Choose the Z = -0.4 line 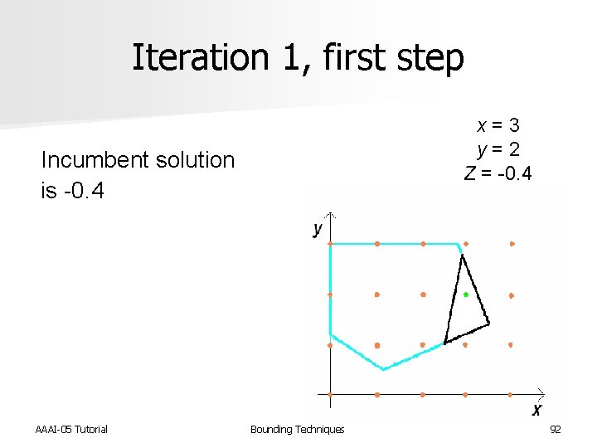pos(498,174)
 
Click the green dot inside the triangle pos(466,295)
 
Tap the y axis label pos(318,228)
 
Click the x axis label pos(536,410)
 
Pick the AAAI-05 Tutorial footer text pos(71,429)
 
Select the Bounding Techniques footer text pos(297,429)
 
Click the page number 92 pos(556,429)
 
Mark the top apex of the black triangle pos(462,256)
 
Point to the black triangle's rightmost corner pos(488,324)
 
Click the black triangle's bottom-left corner pos(445,342)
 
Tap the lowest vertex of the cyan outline pos(383,368)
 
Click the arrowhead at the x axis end pos(541,392)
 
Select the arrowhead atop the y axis pos(330,217)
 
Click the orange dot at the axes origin pos(330,394)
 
